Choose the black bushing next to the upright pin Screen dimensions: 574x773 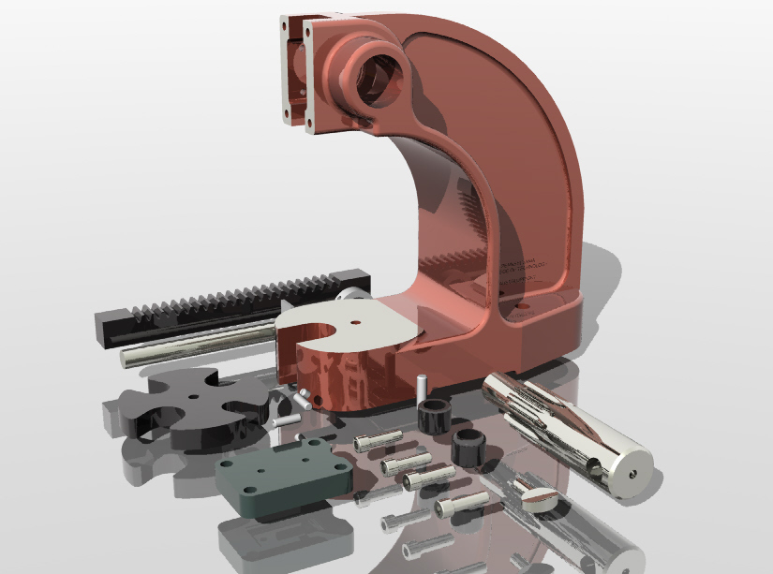click(435, 413)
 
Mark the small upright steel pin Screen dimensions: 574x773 click(423, 385)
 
